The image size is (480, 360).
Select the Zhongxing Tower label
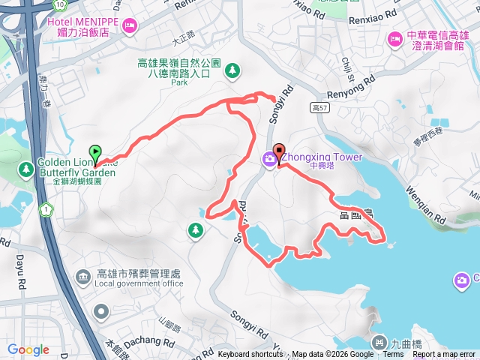tap(322, 157)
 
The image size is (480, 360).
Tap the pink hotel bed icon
tap(130, 28)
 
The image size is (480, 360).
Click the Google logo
tap(28, 349)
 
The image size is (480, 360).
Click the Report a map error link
tap(445, 355)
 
